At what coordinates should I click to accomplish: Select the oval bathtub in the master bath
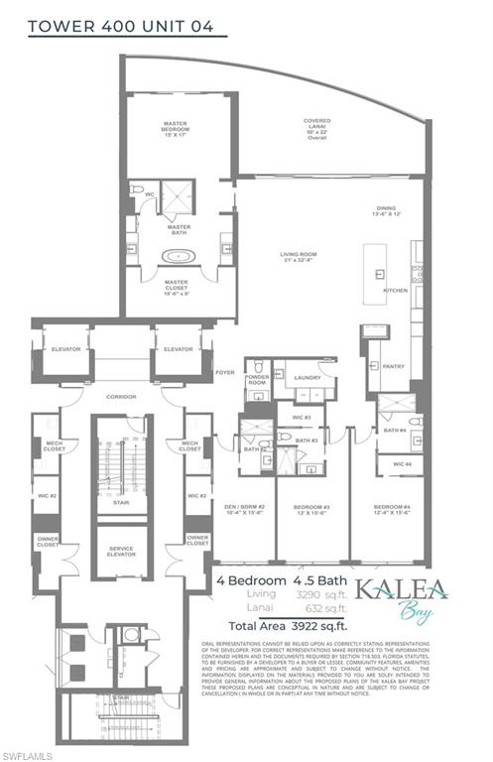pos(179,256)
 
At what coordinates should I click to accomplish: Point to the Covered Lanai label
pos(317,128)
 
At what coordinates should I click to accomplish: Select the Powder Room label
pos(257,381)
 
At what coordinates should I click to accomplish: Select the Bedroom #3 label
pos(310,511)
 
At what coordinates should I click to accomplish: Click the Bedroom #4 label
pos(392,511)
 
